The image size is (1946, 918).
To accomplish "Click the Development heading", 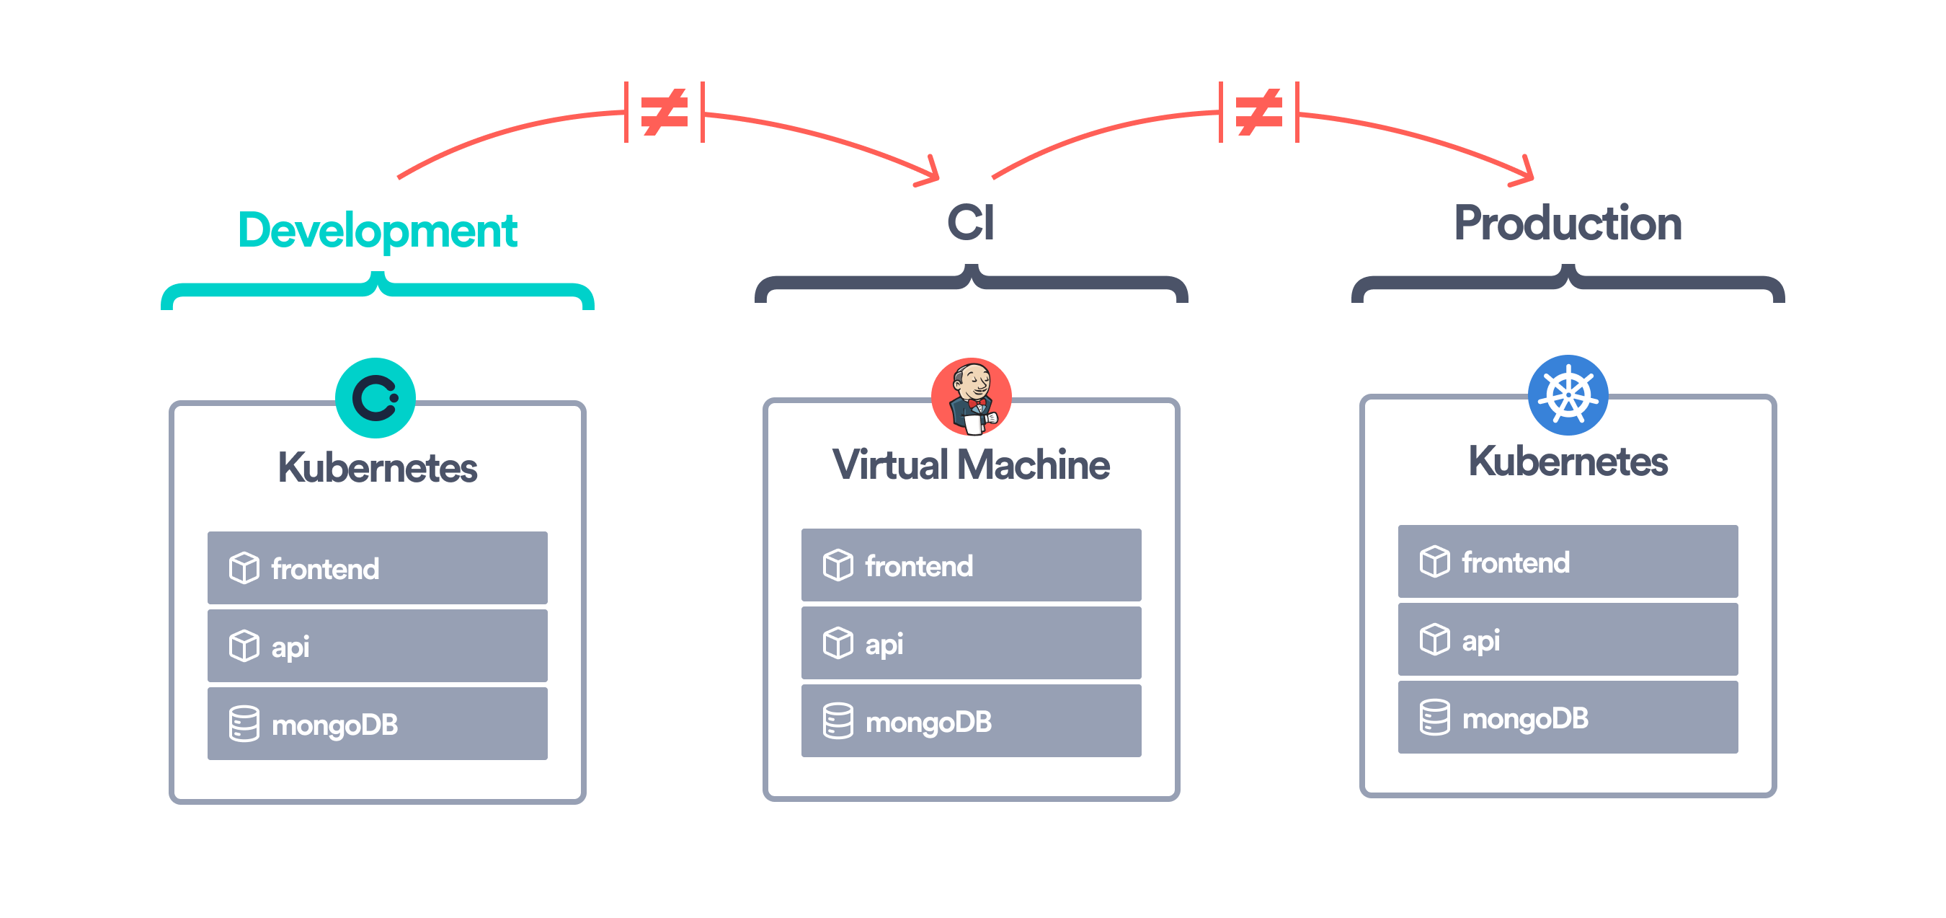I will point(377,231).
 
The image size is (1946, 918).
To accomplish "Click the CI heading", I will point(971,223).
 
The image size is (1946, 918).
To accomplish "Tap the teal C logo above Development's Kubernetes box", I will point(376,398).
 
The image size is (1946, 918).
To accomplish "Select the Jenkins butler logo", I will point(972,397).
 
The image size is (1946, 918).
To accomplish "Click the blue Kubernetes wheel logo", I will point(1568,394).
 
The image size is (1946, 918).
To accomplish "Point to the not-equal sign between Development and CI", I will point(664,112).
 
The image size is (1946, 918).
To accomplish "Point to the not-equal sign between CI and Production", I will point(1258,112).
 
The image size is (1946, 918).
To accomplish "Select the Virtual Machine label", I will point(971,464).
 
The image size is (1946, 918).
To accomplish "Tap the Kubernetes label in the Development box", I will point(377,468).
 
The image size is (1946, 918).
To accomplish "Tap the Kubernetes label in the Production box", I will point(1568,462).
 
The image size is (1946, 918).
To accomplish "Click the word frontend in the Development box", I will point(325,569).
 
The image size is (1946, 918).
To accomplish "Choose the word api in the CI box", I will point(884,645).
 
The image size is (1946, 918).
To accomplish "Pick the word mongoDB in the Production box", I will point(1524,718).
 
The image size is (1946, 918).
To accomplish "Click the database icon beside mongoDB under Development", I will point(244,724).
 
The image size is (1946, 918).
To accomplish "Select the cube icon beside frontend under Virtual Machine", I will point(838,565).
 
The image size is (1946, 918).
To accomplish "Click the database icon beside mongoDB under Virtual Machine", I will point(838,721).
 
